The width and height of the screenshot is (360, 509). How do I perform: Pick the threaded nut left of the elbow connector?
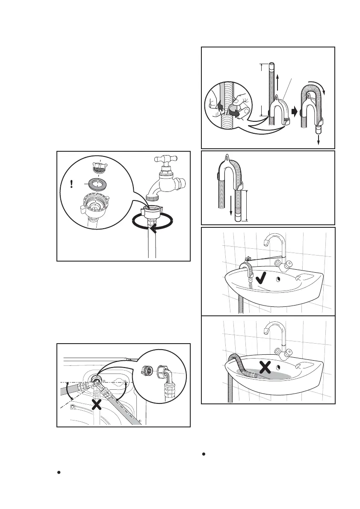(146, 371)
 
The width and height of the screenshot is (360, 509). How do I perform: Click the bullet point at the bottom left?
(59, 473)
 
